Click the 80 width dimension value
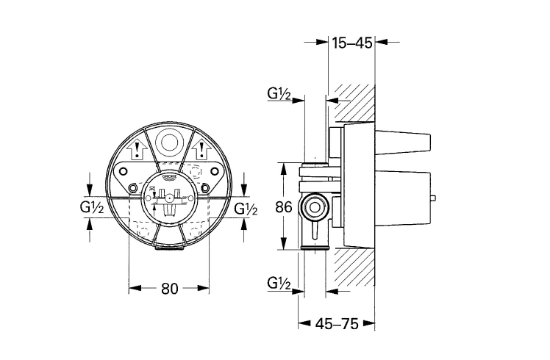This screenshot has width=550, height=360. click(x=170, y=289)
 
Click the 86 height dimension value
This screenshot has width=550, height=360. click(x=284, y=208)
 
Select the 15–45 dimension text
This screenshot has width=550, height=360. click(x=351, y=43)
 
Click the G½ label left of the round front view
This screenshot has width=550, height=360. click(x=92, y=209)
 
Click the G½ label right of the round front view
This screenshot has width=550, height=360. click(x=246, y=209)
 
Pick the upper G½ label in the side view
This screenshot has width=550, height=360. click(x=279, y=94)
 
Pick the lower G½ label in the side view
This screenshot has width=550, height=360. click(x=279, y=282)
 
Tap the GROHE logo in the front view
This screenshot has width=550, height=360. click(x=170, y=178)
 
